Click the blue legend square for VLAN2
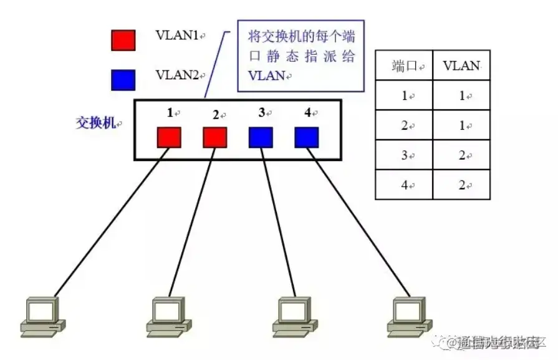(123, 79)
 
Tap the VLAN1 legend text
(176, 36)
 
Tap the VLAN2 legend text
(176, 75)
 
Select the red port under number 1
(168, 137)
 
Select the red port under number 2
(215, 137)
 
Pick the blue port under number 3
(261, 137)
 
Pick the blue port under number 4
(307, 137)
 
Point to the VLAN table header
(461, 66)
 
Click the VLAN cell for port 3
(461, 155)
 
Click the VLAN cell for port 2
(461, 125)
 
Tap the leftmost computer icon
(42, 315)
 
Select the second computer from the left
(168, 315)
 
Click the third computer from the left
(292, 315)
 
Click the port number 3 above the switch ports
(261, 113)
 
